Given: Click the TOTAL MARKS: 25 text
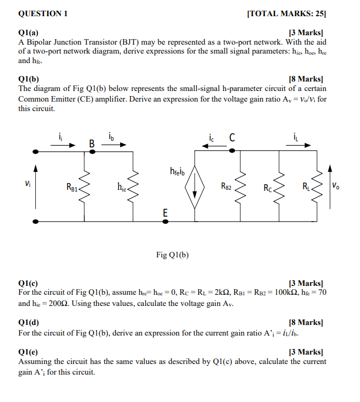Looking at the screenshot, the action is click(286, 14).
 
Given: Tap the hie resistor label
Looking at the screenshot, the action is click(122, 186).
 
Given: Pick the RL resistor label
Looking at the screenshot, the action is click(307, 185).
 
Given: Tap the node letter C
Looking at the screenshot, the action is click(232, 137).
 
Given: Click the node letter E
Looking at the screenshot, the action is click(165, 212).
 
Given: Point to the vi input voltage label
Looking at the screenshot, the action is click(27, 183).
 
